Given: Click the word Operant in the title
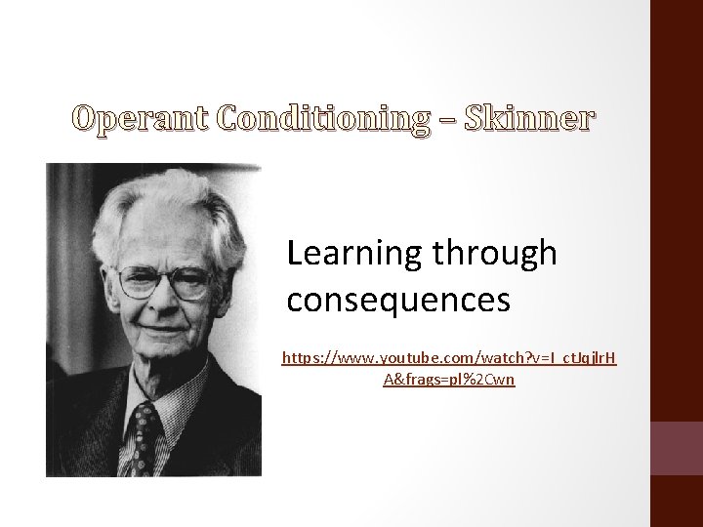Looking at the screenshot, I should coord(141,120).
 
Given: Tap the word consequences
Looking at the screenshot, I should coord(398,300).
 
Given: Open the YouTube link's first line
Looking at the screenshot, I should coord(449,358).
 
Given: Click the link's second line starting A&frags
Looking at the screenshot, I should coord(450,379).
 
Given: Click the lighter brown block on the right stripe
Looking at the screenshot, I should coord(676,448).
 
